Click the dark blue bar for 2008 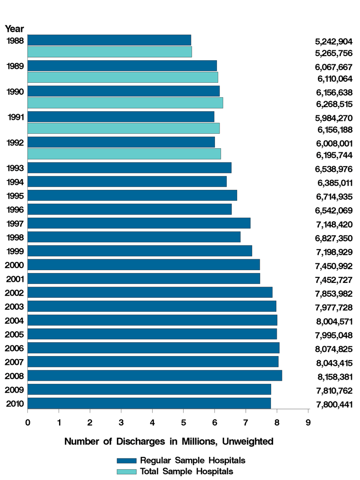pyautogui.click(x=154, y=376)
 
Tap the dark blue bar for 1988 pyautogui.click(x=109, y=40)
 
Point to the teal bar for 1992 pyautogui.click(x=124, y=154)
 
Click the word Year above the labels pyautogui.click(x=14, y=29)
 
